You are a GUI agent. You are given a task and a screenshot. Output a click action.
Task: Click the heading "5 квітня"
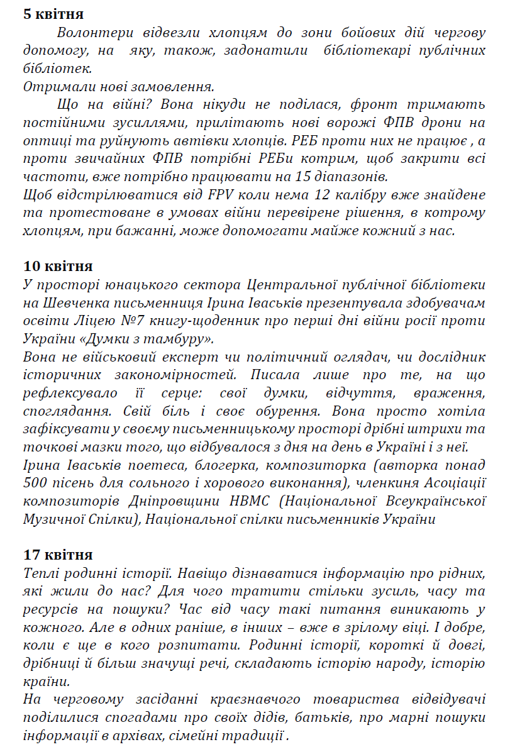tap(53, 14)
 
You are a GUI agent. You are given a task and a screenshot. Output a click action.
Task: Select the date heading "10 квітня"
tap(58, 266)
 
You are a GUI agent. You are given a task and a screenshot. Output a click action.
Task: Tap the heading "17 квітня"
tap(58, 555)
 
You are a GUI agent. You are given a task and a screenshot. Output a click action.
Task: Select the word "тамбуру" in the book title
tap(184, 340)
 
